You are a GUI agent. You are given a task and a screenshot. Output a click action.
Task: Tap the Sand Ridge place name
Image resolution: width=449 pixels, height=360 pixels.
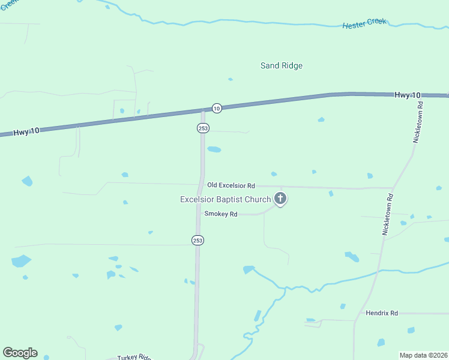pyautogui.click(x=281, y=65)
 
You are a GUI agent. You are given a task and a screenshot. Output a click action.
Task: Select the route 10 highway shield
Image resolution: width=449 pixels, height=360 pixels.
pyautogui.click(x=217, y=108)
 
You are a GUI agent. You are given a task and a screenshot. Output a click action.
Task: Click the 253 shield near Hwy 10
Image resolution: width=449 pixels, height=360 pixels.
pyautogui.click(x=202, y=128)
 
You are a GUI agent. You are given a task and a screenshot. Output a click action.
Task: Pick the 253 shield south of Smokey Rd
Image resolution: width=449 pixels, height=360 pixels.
pyautogui.click(x=198, y=240)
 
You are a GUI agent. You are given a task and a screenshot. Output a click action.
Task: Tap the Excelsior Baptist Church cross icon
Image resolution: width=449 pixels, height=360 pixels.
pyautogui.click(x=280, y=198)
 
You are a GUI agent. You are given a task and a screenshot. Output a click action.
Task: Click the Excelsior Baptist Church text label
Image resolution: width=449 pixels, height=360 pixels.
pyautogui.click(x=226, y=199)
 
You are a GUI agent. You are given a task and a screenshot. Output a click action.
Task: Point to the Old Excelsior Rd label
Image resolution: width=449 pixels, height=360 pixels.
pyautogui.click(x=231, y=186)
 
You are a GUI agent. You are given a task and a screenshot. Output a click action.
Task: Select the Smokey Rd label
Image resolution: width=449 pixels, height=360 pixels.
pyautogui.click(x=221, y=214)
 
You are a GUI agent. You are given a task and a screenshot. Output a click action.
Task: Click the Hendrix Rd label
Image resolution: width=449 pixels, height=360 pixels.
pyautogui.click(x=382, y=313)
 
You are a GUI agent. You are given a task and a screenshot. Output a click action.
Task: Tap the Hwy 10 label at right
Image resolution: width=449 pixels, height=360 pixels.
pyautogui.click(x=408, y=95)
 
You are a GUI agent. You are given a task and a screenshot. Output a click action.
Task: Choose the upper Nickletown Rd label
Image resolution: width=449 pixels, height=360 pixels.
pyautogui.click(x=419, y=121)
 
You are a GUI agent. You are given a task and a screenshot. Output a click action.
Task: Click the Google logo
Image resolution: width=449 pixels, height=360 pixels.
pyautogui.click(x=20, y=353)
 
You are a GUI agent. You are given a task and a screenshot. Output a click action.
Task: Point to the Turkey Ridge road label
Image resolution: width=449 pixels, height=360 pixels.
pyautogui.click(x=133, y=356)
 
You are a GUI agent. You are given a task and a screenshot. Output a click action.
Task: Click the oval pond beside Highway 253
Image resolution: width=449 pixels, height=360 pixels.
pyautogui.click(x=214, y=149)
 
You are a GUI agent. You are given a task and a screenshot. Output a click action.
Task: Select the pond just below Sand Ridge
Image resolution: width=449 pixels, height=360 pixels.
pyautogui.click(x=230, y=79)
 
